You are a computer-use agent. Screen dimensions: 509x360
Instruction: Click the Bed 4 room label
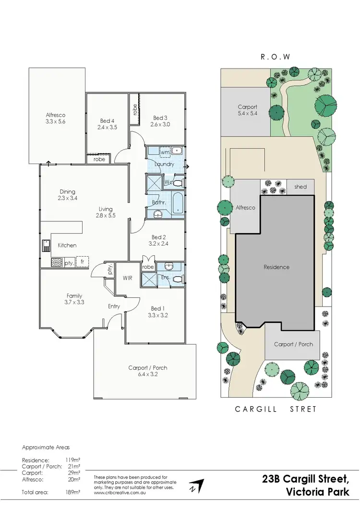pos(107,120)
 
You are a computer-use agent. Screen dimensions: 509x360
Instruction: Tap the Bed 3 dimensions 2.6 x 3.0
pos(161,124)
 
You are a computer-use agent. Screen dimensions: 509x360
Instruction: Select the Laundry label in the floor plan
pos(164,164)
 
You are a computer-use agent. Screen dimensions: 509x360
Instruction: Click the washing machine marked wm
pos(165,152)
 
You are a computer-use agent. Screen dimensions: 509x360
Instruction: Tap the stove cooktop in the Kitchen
pos(55,262)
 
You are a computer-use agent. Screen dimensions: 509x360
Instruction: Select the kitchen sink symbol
pos(46,245)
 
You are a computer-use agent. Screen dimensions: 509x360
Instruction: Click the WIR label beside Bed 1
pos(127,277)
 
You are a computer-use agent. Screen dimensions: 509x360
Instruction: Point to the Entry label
pos(114,306)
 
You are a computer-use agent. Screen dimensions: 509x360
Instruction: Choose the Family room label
pos(74,296)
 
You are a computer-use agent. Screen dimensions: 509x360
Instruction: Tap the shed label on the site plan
pos(300,187)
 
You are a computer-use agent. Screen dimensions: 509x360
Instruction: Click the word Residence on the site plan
pos(276,267)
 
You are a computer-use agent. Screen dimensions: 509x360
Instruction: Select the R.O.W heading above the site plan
pos(276,56)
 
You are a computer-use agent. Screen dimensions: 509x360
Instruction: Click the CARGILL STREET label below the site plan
pos(276,409)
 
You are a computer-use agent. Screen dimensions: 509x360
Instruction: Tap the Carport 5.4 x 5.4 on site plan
pos(248,110)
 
